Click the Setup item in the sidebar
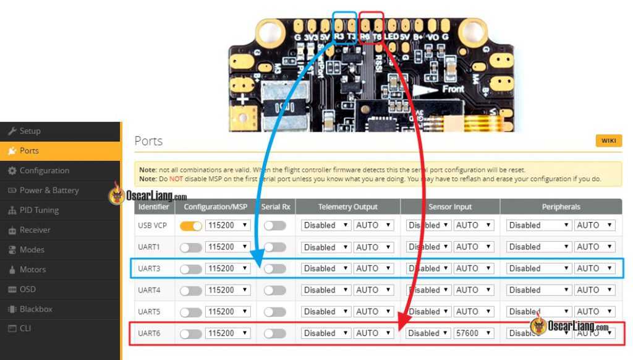pyautogui.click(x=30, y=131)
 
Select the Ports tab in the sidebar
pyautogui.click(x=29, y=151)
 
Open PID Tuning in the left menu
pyautogui.click(x=38, y=210)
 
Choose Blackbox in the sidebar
pyautogui.click(x=36, y=309)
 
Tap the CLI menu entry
pyautogui.click(x=25, y=328)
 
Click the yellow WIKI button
pyautogui.click(x=608, y=141)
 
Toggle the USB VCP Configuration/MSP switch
pyautogui.click(x=190, y=226)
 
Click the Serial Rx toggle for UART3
pyautogui.click(x=274, y=268)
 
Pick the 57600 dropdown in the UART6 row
pyautogui.click(x=474, y=333)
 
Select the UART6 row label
pyautogui.click(x=149, y=333)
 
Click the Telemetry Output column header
pyautogui.click(x=347, y=207)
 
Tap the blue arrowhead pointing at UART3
pyautogui.click(x=257, y=257)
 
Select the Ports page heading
pyautogui.click(x=148, y=141)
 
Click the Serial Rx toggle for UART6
pyautogui.click(x=274, y=333)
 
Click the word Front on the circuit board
pyautogui.click(x=452, y=90)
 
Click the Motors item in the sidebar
pyautogui.click(x=32, y=270)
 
